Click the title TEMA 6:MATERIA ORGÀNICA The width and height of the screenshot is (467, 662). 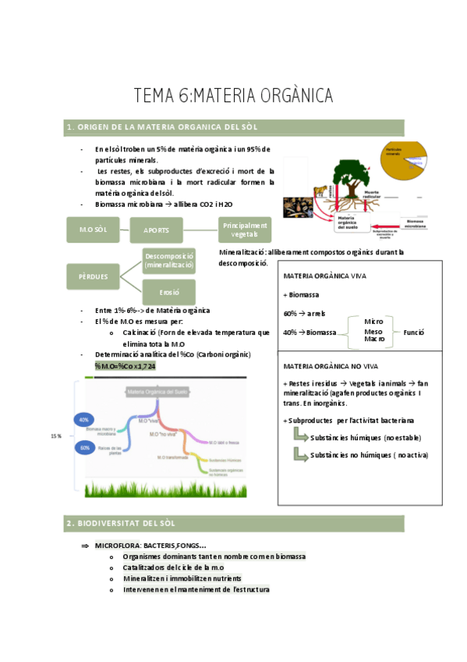click(x=233, y=96)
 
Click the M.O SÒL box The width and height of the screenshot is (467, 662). click(x=92, y=230)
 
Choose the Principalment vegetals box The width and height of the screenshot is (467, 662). click(x=245, y=230)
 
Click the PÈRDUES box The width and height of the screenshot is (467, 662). click(x=92, y=276)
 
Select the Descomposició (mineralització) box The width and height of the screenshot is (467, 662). click(x=168, y=261)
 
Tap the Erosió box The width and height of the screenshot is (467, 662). click(x=169, y=292)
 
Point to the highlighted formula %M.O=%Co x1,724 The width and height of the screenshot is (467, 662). click(x=125, y=365)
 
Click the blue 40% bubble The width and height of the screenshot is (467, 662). click(x=84, y=420)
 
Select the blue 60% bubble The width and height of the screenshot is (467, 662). click(x=84, y=448)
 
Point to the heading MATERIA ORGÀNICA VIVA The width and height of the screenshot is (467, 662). click(x=320, y=276)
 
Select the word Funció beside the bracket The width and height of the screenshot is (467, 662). click(x=413, y=332)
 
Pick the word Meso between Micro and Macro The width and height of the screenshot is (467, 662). click(x=373, y=331)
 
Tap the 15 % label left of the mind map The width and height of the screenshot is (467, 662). click(x=56, y=436)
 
